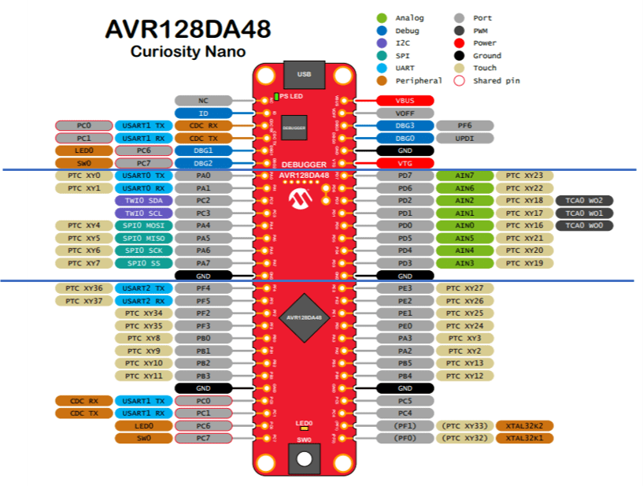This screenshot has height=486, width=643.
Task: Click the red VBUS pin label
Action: (405, 101)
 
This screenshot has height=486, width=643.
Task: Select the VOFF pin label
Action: (405, 113)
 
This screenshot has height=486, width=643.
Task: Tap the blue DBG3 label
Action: (405, 126)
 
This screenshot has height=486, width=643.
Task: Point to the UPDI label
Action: (464, 139)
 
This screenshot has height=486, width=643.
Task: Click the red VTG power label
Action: (405, 163)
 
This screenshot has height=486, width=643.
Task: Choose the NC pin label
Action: (203, 101)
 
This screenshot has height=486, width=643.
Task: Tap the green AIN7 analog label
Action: (464, 176)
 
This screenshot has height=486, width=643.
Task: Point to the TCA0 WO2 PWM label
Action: (585, 201)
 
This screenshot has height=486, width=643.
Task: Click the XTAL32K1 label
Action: (524, 438)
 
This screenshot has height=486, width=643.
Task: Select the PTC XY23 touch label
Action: (524, 176)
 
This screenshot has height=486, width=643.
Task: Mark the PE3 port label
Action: (405, 288)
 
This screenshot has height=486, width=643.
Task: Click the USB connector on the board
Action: (304, 74)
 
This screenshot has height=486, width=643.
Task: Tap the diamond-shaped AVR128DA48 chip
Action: (304, 317)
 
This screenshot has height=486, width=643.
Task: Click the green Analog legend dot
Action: (382, 18)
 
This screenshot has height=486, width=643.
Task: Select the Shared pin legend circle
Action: (459, 80)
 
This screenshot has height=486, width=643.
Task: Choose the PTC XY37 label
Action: (83, 301)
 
